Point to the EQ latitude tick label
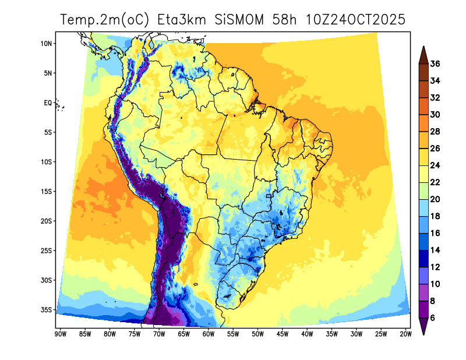[48, 103]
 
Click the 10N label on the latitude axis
[47, 44]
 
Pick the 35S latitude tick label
[47, 310]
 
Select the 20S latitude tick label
[47, 221]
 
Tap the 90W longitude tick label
[59, 334]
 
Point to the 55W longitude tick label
[232, 334]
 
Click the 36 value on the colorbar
[435, 64]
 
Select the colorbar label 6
[435, 318]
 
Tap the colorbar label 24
[435, 165]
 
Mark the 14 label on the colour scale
[435, 250]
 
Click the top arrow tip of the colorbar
[424, 47]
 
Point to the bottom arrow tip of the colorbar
[424, 335]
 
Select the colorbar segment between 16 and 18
[424, 224]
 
